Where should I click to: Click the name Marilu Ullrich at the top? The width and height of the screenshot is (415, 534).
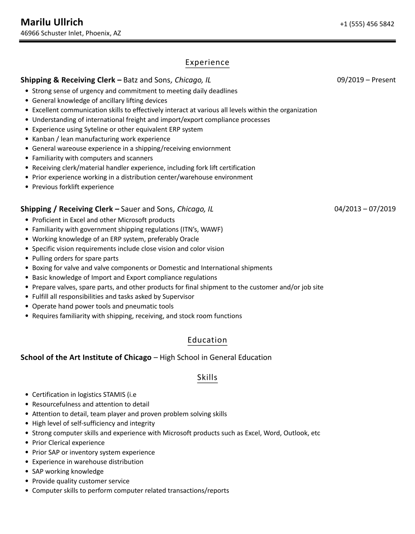52,22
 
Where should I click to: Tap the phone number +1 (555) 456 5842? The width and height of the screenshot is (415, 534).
367,24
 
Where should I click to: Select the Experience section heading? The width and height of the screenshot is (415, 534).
207,62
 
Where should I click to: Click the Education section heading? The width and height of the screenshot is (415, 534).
207,340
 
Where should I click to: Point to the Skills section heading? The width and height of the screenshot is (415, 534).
207,377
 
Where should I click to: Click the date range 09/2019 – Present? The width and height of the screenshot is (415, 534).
366,80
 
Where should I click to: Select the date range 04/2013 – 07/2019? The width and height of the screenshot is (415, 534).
365,209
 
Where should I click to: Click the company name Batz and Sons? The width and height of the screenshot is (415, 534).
147,80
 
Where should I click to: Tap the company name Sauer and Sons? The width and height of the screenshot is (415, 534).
147,209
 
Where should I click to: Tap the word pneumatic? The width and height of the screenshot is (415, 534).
141,306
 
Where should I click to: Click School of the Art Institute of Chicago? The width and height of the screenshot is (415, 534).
86,358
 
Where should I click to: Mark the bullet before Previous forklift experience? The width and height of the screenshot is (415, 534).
27,187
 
